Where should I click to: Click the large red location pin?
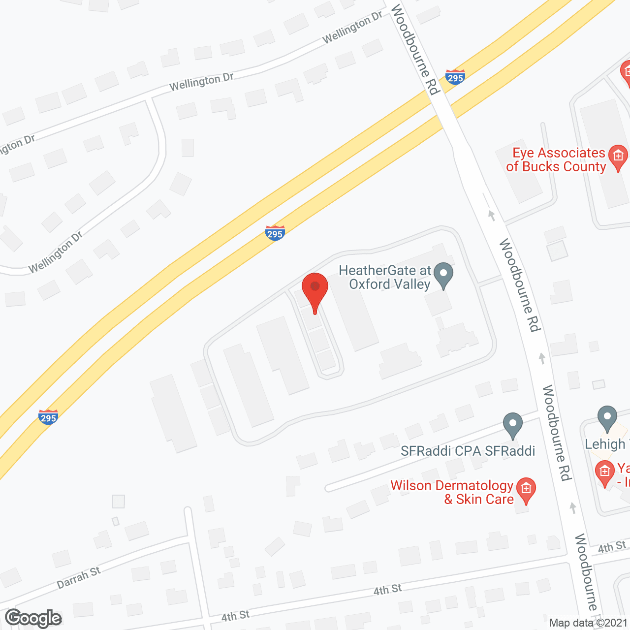[x=315, y=290]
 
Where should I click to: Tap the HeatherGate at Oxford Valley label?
[x=385, y=277]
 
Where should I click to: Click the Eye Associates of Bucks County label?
[x=556, y=160]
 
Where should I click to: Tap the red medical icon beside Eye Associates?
[x=618, y=157]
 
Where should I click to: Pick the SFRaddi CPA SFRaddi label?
[x=468, y=451]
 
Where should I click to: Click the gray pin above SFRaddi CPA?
[x=512, y=425]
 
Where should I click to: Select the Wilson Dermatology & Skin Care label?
[x=452, y=492]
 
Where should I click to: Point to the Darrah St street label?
[x=79, y=577]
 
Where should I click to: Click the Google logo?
[x=33, y=618]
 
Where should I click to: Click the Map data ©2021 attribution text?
[x=588, y=623]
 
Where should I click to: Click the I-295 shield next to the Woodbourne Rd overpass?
[x=455, y=77]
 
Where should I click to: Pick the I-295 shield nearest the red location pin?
[x=275, y=233]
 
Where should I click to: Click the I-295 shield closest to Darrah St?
[x=48, y=417]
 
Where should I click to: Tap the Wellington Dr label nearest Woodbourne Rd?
[x=352, y=28]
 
